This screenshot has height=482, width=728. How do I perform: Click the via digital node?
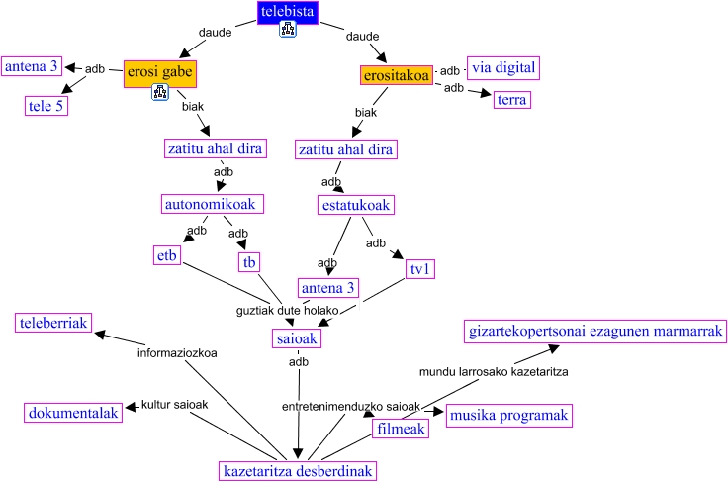click(x=502, y=68)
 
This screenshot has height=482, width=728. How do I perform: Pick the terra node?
click(x=512, y=100)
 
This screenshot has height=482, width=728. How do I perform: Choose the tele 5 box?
click(x=45, y=106)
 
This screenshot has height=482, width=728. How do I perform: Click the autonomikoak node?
click(x=213, y=204)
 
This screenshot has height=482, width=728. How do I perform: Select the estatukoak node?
click(x=356, y=205)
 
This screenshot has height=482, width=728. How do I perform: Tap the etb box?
click(x=166, y=255)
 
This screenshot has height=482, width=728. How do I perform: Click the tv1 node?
click(x=421, y=269)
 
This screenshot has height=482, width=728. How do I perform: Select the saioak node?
click(x=296, y=339)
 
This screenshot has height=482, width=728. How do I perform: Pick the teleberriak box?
click(x=54, y=323)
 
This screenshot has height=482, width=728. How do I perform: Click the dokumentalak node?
click(x=73, y=413)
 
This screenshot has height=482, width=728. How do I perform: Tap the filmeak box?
click(x=400, y=430)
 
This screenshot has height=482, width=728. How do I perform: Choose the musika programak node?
click(x=509, y=416)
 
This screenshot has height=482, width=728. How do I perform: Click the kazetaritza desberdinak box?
click(x=298, y=471)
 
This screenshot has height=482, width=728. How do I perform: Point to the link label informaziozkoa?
click(x=177, y=352)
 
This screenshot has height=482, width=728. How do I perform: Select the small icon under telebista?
click(x=288, y=31)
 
